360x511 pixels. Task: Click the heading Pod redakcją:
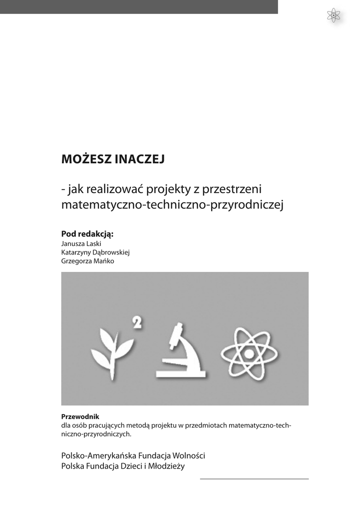click(x=87, y=234)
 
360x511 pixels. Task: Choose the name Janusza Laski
click(x=81, y=244)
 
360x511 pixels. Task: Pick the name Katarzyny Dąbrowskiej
click(x=95, y=252)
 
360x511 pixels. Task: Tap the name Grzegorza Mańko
click(x=87, y=260)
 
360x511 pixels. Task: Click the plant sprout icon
click(x=112, y=351)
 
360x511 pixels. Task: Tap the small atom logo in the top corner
click(x=333, y=15)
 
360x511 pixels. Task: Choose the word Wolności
click(x=187, y=456)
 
